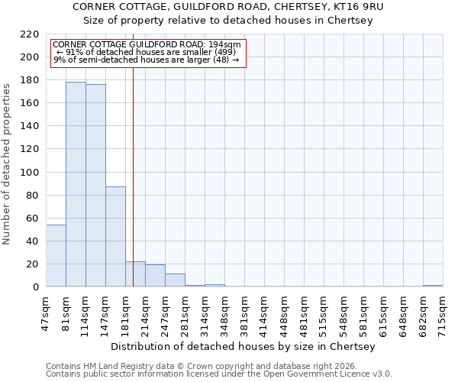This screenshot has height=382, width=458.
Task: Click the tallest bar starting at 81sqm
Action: pos(76,184)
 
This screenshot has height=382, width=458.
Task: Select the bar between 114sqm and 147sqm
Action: pos(95,186)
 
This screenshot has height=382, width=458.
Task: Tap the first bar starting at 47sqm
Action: pos(56,256)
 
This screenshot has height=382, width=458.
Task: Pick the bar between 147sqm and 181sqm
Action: pos(115,237)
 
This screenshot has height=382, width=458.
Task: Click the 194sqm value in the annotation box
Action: pos(227,45)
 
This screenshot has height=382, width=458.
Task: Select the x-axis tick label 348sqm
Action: pos(224,312)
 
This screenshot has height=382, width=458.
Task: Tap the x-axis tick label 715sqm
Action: pos(443,312)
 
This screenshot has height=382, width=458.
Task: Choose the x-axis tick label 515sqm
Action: pos(324,312)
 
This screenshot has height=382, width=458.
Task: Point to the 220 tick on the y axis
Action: pos(30,34)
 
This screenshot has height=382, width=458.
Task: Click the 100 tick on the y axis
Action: pos(30,173)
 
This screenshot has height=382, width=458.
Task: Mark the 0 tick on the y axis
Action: pos(35,287)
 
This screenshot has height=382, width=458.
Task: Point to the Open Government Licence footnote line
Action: pos(219,374)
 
